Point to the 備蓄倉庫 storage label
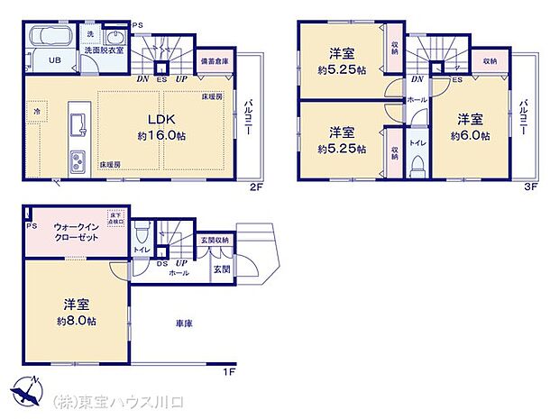213,59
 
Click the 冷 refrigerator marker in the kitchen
38,110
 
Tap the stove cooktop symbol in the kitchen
76,162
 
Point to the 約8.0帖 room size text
76,322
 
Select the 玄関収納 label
215,241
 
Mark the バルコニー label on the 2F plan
247,117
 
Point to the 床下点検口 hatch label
116,218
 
